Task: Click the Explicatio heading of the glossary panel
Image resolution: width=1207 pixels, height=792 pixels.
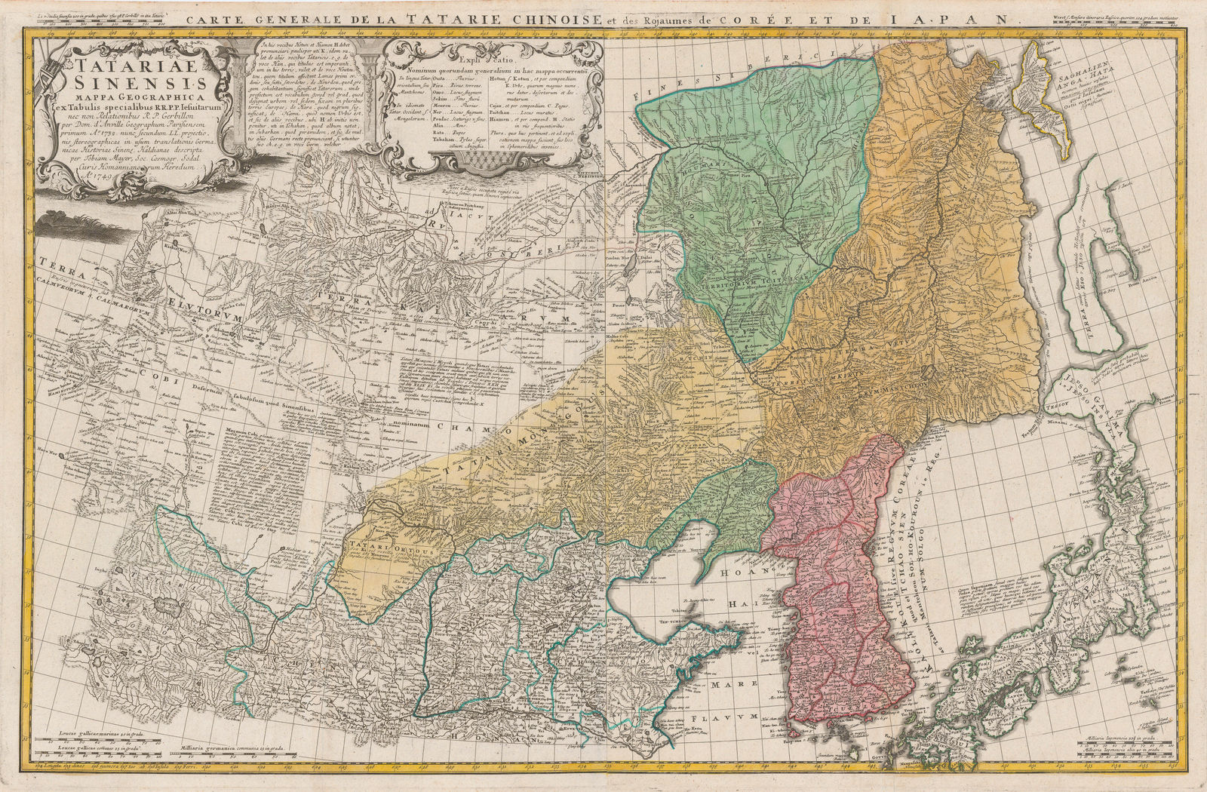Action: [487, 57]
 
